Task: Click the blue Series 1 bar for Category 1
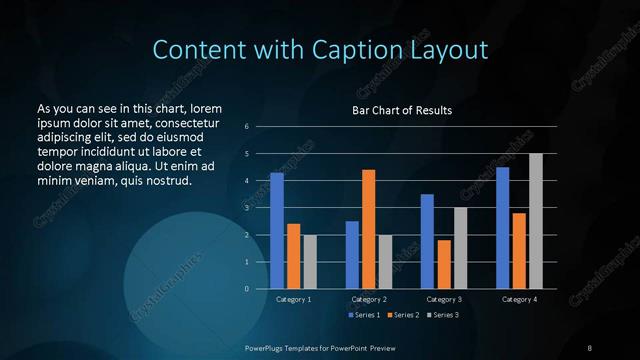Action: pos(277,231)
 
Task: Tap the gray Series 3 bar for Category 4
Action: pos(535,221)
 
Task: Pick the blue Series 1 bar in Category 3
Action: pos(427,241)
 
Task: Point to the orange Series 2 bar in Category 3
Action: pos(444,264)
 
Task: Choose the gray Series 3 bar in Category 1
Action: pos(310,262)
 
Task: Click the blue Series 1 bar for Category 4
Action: pos(502,228)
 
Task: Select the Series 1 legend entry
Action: pos(364,315)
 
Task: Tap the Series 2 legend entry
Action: pos(402,315)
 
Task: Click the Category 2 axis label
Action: pos(368,299)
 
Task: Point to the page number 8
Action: pos(590,347)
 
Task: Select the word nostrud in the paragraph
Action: pos(167,180)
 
